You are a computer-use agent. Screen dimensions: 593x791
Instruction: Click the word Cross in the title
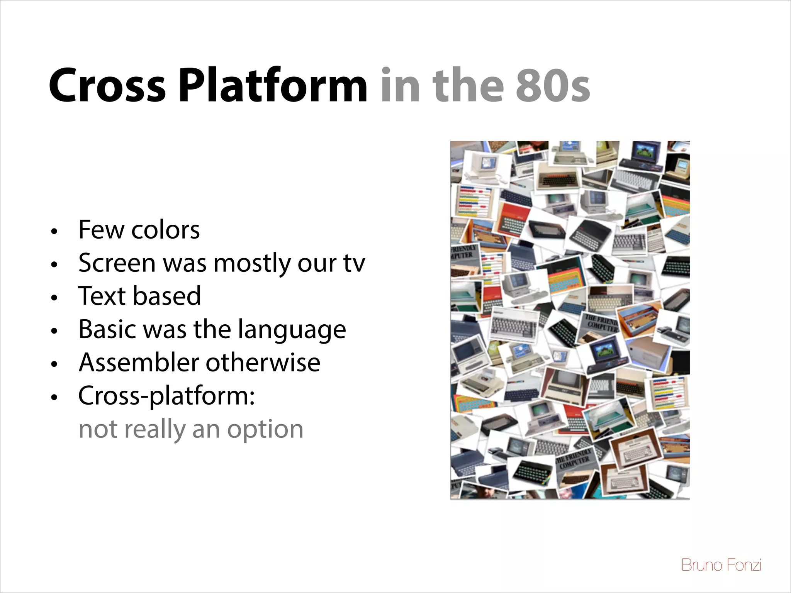107,86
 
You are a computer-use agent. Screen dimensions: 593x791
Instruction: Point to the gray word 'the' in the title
468,86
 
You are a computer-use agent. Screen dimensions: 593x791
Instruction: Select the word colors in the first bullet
165,230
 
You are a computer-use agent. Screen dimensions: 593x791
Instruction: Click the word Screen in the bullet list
117,263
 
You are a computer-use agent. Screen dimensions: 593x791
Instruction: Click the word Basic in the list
107,330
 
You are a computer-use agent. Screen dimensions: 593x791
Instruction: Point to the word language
292,330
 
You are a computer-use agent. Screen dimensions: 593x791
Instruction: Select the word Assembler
139,363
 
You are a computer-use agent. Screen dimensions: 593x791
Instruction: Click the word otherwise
263,363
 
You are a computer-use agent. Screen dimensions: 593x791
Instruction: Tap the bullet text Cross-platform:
166,396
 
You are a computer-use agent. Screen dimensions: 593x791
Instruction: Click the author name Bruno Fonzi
721,565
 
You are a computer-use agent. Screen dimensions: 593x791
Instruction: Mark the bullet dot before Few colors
54,232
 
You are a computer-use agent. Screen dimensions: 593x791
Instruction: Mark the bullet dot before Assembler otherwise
54,364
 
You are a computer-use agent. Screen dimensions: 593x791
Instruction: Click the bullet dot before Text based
54,298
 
